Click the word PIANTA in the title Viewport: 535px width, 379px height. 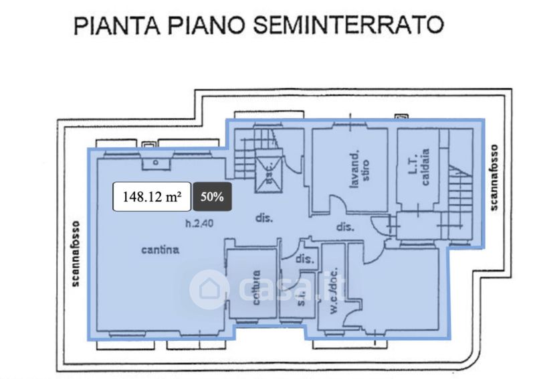114,26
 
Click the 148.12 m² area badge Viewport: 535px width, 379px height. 152,197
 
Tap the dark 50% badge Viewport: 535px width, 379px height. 212,197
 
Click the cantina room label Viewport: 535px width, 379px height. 160,250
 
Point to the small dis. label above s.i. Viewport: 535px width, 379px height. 305,258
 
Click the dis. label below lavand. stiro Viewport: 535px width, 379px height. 344,228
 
